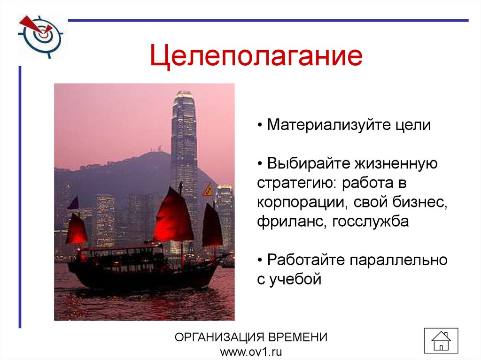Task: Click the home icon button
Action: pos(441,340)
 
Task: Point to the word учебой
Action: pos(295,279)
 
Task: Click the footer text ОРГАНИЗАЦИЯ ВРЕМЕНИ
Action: pos(251,337)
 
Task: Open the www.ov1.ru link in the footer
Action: pos(251,352)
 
